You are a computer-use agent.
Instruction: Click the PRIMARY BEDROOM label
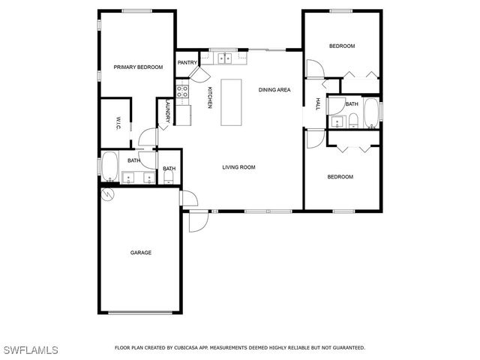coord(138,67)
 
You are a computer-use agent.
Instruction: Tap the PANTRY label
coord(187,63)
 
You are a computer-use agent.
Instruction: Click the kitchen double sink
coord(223,56)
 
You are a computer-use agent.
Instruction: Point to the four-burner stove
coord(181,93)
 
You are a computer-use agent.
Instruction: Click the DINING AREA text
coord(274,90)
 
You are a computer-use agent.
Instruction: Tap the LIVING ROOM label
coord(238,167)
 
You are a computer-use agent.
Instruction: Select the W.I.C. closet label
coord(118,124)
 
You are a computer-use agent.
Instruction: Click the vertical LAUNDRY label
coord(166,112)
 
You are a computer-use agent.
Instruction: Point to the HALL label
coord(318,104)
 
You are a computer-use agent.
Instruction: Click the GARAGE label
coord(141,253)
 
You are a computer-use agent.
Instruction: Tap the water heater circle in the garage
coord(107,194)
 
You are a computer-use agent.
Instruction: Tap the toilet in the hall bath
coord(352,121)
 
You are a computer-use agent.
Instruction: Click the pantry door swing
coord(199,73)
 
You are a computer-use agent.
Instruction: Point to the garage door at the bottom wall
coord(141,313)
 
